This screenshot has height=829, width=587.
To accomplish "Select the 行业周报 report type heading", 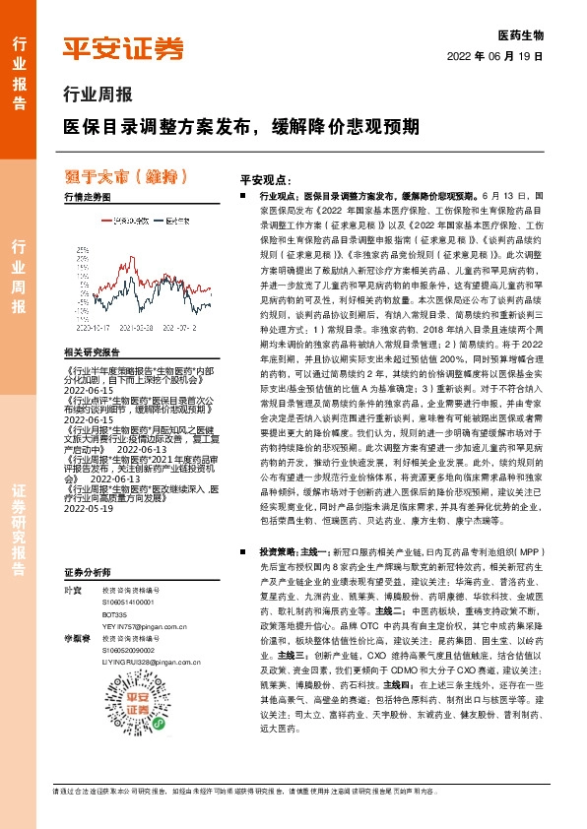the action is coord(97,97).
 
